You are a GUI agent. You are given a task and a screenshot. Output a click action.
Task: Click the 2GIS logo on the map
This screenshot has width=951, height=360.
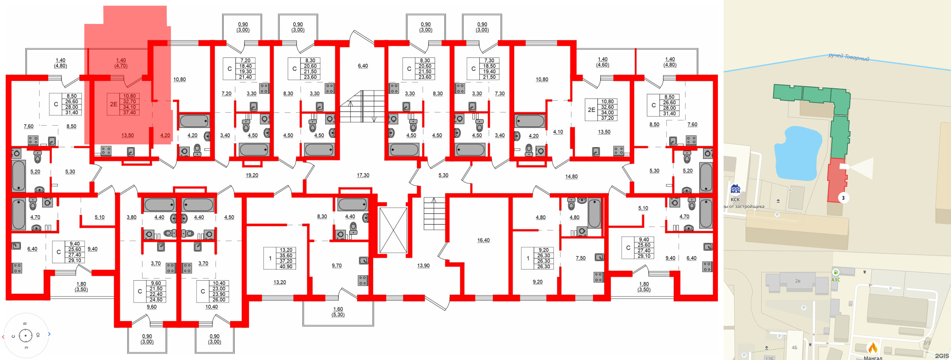(941, 356)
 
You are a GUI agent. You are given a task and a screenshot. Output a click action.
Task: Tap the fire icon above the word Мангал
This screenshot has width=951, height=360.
(873, 348)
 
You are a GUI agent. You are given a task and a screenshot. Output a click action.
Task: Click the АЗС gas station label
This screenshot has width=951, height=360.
(835, 280)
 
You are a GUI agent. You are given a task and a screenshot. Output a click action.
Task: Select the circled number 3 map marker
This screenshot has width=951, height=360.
(843, 198)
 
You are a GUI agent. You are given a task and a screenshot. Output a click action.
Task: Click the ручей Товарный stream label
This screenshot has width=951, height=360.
(848, 57)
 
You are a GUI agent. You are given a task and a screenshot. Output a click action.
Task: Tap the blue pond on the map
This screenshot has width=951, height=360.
(798, 153)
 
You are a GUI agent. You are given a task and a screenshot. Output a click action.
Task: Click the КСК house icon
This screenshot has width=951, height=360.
(735, 190)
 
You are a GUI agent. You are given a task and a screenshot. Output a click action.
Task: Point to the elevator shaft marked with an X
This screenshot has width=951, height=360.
(393, 230)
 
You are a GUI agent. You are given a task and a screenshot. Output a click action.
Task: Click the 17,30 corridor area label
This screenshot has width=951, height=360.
(363, 175)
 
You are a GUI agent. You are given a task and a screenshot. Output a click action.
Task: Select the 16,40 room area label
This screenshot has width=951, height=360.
(483, 240)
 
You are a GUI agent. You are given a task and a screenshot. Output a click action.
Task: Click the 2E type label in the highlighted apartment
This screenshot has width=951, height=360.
(113, 104)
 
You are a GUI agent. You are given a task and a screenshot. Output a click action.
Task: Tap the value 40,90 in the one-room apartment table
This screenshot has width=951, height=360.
(286, 266)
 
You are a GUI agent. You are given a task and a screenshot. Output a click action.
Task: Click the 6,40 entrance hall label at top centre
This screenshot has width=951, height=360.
(363, 66)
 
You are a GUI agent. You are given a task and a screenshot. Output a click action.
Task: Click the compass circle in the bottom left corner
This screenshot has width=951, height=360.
(26, 336)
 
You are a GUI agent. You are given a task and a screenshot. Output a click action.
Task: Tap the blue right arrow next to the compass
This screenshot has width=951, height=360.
(49, 334)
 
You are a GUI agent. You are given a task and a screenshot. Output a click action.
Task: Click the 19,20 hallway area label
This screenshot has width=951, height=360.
(252, 175)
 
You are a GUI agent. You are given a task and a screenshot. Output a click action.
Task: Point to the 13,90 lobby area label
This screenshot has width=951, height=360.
(423, 266)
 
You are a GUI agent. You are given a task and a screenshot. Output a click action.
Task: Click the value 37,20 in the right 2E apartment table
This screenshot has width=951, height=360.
(607, 118)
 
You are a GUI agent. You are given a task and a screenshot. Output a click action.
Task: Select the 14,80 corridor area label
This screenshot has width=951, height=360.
(571, 177)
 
